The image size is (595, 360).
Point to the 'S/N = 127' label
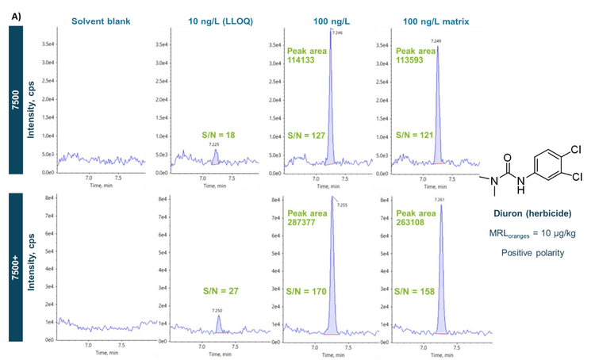[308, 135]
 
